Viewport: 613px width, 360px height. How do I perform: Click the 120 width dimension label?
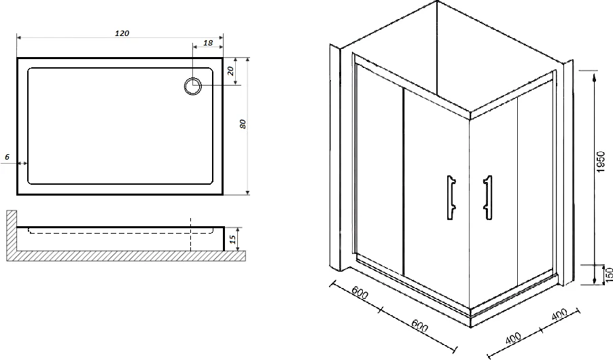(x=122, y=33)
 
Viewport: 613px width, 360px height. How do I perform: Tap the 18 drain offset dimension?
(x=208, y=43)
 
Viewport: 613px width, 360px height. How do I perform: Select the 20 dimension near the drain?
(x=230, y=71)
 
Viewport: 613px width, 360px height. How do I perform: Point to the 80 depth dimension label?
(x=243, y=124)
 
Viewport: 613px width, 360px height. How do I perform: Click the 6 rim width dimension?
(x=7, y=157)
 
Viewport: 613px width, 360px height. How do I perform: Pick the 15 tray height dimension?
(x=232, y=239)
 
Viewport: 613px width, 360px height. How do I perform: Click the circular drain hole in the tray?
(x=193, y=86)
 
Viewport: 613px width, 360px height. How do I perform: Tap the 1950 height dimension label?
(x=601, y=162)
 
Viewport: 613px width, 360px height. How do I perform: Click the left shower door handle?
(x=451, y=198)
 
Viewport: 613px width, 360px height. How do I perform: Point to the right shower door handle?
(x=487, y=198)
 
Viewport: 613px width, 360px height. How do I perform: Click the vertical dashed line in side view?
(x=190, y=234)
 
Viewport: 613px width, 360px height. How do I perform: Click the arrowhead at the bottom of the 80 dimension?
(x=247, y=192)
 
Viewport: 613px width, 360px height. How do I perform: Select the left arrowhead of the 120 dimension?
(x=20, y=37)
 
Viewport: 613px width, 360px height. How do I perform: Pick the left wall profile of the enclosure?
(x=336, y=157)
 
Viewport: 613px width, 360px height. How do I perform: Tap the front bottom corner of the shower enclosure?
(x=472, y=327)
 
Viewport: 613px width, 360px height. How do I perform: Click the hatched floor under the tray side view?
(x=126, y=257)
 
